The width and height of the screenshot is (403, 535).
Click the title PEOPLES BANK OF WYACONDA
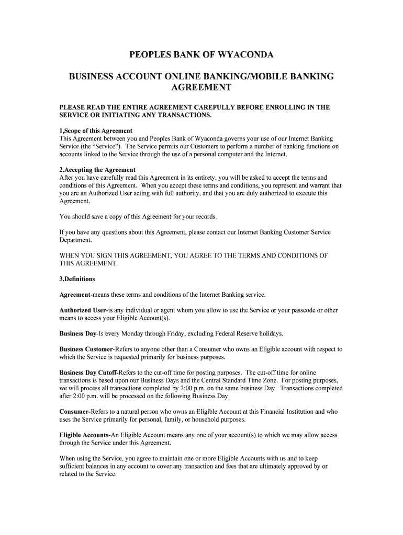pyautogui.click(x=201, y=54)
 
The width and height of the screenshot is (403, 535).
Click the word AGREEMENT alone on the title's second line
pyautogui.click(x=201, y=87)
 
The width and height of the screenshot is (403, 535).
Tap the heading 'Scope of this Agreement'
pyautogui.click(x=98, y=131)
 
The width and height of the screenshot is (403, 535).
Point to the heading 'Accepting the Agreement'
pyautogui.click(x=99, y=170)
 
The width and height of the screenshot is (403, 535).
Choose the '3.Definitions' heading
pyautogui.click(x=77, y=279)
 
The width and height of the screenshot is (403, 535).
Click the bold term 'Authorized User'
pyautogui.click(x=83, y=310)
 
